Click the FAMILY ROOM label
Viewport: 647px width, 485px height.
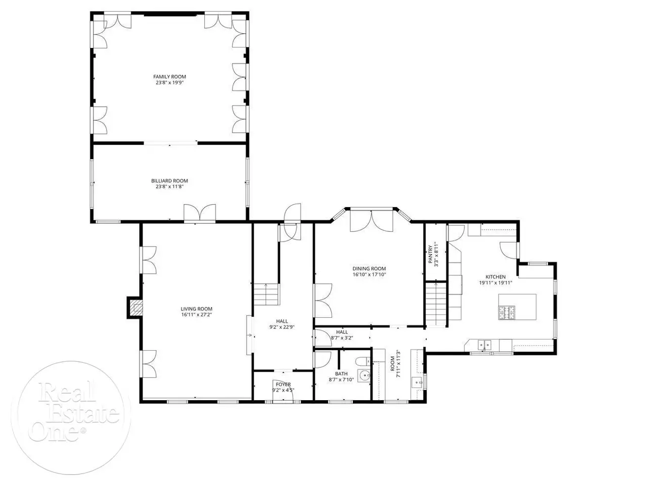[x=169, y=77]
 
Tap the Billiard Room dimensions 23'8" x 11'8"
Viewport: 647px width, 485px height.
[x=169, y=186]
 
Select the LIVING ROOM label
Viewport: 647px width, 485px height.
[x=196, y=309]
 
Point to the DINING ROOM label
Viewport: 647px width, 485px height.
[x=369, y=268]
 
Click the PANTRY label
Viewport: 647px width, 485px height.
[x=430, y=254]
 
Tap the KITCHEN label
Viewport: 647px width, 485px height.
[x=495, y=276]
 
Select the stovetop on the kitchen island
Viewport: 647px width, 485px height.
[x=506, y=313]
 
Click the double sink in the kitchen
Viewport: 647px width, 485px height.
[x=484, y=344]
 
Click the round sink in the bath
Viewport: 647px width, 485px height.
[x=364, y=375]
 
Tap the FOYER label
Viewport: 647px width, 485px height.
[x=283, y=384]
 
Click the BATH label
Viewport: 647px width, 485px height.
[x=341, y=373]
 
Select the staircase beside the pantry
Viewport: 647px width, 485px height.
[x=435, y=304]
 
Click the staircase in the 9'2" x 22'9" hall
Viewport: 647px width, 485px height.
[x=266, y=294]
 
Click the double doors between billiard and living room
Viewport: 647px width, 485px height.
[x=200, y=213]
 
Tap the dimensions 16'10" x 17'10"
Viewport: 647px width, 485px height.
[x=369, y=274]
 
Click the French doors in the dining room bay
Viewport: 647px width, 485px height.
[x=372, y=221]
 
